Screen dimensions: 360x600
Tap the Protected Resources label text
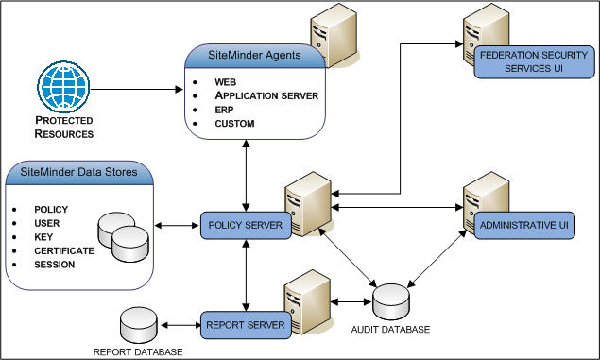(64, 128)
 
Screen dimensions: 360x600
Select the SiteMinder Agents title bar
(255, 56)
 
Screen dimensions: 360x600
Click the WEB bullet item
(225, 82)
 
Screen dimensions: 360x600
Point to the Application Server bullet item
(266, 95)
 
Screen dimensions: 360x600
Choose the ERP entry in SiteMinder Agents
(224, 110)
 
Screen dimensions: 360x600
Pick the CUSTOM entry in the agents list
(235, 124)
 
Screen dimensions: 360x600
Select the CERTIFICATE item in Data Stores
(64, 250)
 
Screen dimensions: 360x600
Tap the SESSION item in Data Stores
(54, 265)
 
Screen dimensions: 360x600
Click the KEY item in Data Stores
(44, 236)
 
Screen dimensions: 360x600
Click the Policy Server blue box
(246, 227)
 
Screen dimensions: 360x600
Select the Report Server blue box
(246, 325)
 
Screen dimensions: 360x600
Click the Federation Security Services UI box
(522, 63)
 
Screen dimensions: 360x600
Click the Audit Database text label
(391, 330)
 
